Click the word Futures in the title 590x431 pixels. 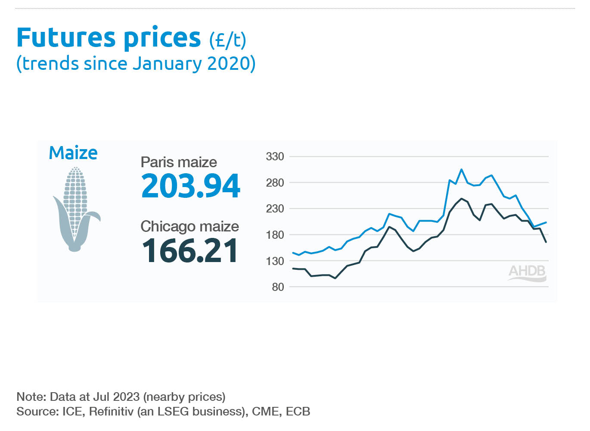point(65,38)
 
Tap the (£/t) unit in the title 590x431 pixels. point(227,40)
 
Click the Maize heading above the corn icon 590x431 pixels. point(73,153)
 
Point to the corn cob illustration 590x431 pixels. point(76,209)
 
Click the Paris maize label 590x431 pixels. point(179,162)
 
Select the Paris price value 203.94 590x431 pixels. point(190,186)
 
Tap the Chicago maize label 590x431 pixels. point(189,227)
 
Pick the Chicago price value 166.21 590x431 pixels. point(189,251)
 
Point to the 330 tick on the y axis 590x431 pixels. point(275,156)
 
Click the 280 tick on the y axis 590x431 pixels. point(275,183)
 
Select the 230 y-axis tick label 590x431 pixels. point(275,209)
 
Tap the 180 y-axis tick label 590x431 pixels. point(275,235)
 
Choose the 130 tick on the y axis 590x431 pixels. point(275,261)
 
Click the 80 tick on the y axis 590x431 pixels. point(278,287)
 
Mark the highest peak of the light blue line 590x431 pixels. point(461,169)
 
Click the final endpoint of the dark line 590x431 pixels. point(546,242)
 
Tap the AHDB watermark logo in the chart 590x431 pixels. point(527,272)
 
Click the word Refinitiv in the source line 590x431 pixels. point(111,412)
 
